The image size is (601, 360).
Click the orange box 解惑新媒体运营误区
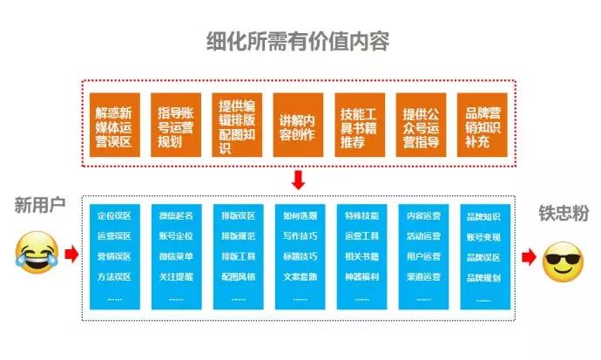[x=113, y=125]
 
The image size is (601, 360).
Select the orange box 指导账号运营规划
[x=175, y=125]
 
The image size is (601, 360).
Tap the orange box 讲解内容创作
[x=298, y=125]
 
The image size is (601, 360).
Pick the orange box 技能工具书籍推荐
[x=360, y=125]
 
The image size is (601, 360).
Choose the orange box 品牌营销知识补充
[x=483, y=125]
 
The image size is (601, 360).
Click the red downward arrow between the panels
[x=298, y=180]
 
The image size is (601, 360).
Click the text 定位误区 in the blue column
[x=113, y=215]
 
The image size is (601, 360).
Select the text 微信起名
[x=175, y=215]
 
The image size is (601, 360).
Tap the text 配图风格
[x=237, y=277]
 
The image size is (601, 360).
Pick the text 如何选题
[x=300, y=215]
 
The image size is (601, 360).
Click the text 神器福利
[x=361, y=277]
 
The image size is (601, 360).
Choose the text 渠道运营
[x=423, y=277]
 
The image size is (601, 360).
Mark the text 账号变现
[x=483, y=236]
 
